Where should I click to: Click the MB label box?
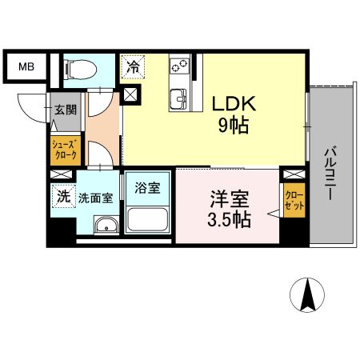pyautogui.click(x=26, y=67)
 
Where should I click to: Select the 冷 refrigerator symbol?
pyautogui.click(x=132, y=66)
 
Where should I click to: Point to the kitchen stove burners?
pyautogui.click(x=178, y=67)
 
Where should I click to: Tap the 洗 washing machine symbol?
pyautogui.click(x=61, y=193)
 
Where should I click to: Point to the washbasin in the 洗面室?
pyautogui.click(x=105, y=226)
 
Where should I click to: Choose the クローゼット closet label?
pyautogui.click(x=294, y=198)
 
